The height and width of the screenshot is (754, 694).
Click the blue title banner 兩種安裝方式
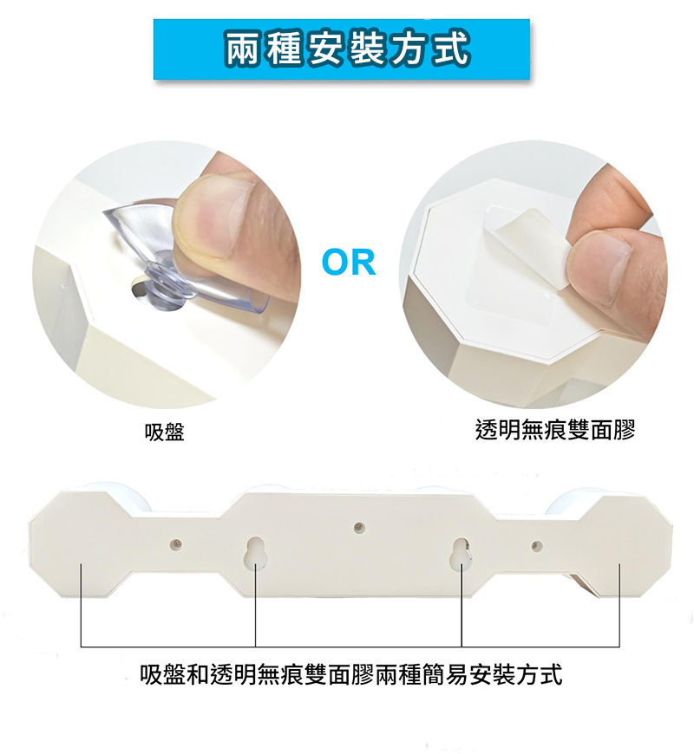pyautogui.click(x=341, y=49)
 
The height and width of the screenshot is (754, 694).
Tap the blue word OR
pyautogui.click(x=349, y=263)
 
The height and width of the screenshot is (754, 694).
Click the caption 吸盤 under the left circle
pyautogui.click(x=165, y=432)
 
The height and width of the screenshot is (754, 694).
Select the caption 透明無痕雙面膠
pyautogui.click(x=555, y=430)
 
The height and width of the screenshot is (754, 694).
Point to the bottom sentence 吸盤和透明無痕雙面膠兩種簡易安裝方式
pyautogui.click(x=350, y=674)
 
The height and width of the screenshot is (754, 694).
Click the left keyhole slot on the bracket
pyautogui.click(x=255, y=553)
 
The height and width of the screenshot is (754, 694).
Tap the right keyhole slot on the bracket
pyautogui.click(x=461, y=555)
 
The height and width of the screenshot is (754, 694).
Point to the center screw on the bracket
pyautogui.click(x=358, y=528)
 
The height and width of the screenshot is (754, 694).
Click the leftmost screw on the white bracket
pyautogui.click(x=177, y=544)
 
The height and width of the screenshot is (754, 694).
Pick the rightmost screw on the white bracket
pyautogui.click(x=537, y=546)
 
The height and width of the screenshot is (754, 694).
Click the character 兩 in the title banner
pyautogui.click(x=244, y=49)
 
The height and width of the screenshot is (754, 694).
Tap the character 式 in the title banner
pyautogui.click(x=450, y=49)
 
